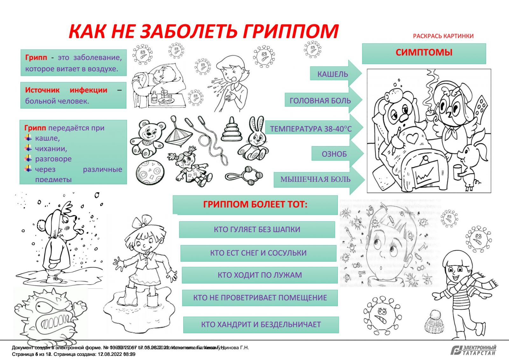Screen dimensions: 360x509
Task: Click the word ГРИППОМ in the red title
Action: coord(290,32)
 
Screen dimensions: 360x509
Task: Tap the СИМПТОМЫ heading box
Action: coord(424,53)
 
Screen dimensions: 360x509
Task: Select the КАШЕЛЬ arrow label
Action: coord(332,74)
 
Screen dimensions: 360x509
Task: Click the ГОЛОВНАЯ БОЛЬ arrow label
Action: coord(320,101)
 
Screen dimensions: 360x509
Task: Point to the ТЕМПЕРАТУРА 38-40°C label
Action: coord(311,129)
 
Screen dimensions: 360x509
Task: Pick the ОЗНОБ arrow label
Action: coord(334,154)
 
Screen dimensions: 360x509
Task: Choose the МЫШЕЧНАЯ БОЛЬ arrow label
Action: coord(315,180)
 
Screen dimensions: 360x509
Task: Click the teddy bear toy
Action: coord(148,138)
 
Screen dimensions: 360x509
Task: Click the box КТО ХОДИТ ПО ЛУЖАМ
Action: coord(260,275)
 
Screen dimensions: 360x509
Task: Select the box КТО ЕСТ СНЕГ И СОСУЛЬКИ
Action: coord(258,253)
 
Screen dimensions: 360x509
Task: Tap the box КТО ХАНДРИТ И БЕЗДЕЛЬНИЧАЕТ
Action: coord(261,325)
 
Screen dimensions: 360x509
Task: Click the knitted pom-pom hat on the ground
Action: coord(434,322)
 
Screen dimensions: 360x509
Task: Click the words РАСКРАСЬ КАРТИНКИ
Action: coord(443,36)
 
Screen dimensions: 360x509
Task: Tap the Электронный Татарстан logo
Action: coord(473,350)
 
